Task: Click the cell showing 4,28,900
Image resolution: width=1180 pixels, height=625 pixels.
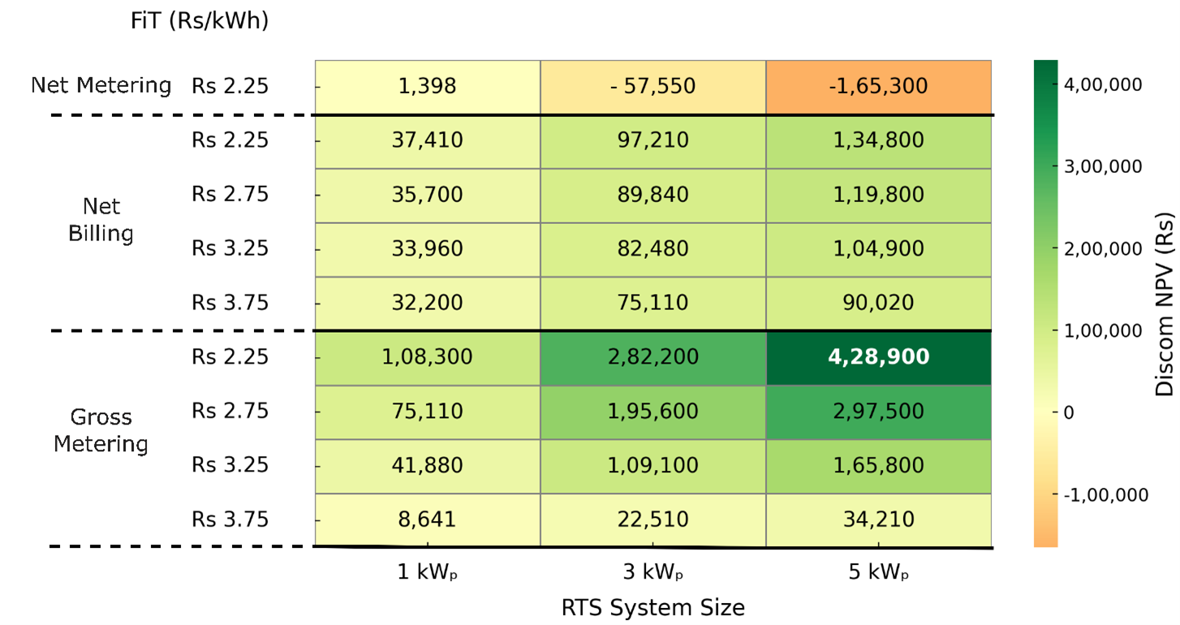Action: pyautogui.click(x=879, y=357)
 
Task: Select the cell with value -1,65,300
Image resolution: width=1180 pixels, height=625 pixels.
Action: pyautogui.click(x=879, y=86)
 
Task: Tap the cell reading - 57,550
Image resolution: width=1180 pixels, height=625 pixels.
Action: pyautogui.click(x=653, y=86)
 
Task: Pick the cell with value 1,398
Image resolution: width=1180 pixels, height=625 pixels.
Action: pyautogui.click(x=428, y=86)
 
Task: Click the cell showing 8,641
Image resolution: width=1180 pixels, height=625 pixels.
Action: pyautogui.click(x=428, y=519)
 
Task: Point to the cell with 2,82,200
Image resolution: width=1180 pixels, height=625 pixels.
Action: pyautogui.click(x=653, y=357)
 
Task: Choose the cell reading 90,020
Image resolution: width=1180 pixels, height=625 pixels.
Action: pyautogui.click(x=879, y=303)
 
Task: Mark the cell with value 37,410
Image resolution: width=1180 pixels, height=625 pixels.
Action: pyautogui.click(x=428, y=140)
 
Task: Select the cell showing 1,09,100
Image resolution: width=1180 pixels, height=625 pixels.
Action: pyautogui.click(x=653, y=465)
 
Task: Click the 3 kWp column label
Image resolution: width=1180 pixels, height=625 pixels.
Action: pyautogui.click(x=653, y=573)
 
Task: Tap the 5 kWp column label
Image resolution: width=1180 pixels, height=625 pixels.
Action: pyautogui.click(x=879, y=573)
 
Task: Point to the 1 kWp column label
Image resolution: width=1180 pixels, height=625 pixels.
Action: pyautogui.click(x=428, y=573)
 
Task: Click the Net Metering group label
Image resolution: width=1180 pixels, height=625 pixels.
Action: pyautogui.click(x=101, y=86)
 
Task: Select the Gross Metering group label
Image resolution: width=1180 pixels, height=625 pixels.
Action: pyautogui.click(x=101, y=431)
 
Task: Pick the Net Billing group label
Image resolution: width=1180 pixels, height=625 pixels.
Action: pyautogui.click(x=101, y=221)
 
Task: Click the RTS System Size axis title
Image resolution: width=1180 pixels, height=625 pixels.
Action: pyautogui.click(x=652, y=607)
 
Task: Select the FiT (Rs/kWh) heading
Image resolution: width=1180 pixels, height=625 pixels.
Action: pyautogui.click(x=199, y=22)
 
